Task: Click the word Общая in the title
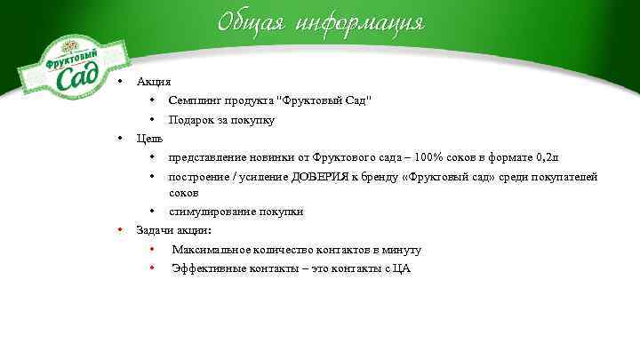pyautogui.click(x=252, y=21)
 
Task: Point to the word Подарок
pyautogui.click(x=192, y=120)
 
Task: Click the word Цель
pyautogui.click(x=149, y=139)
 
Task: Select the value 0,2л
pyautogui.click(x=546, y=157)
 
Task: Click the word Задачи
pyautogui.click(x=153, y=230)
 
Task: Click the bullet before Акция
pyautogui.click(x=120, y=82)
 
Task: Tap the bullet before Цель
pyautogui.click(x=120, y=139)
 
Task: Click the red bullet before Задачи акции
pyautogui.click(x=120, y=230)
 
